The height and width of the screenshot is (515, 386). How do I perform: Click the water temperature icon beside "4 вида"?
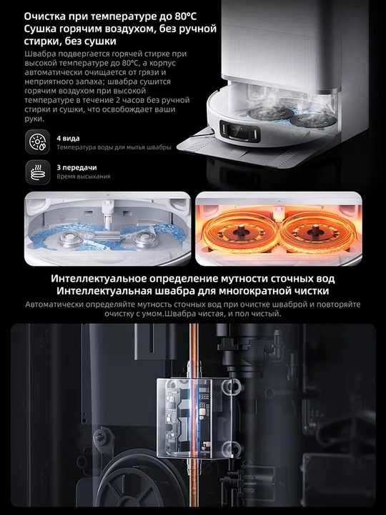click(x=38, y=142)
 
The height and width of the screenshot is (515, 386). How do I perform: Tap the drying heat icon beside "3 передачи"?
click(x=38, y=172)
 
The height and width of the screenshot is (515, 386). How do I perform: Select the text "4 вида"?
click(x=69, y=138)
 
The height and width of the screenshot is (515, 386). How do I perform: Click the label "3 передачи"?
click(x=76, y=167)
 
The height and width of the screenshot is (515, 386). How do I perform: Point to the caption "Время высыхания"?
click(x=84, y=177)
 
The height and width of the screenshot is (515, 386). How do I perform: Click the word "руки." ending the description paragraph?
click(x=34, y=119)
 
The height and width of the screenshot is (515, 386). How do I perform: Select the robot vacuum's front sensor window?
click(x=239, y=131)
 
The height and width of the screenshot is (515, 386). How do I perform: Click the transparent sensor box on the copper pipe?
click(x=195, y=418)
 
